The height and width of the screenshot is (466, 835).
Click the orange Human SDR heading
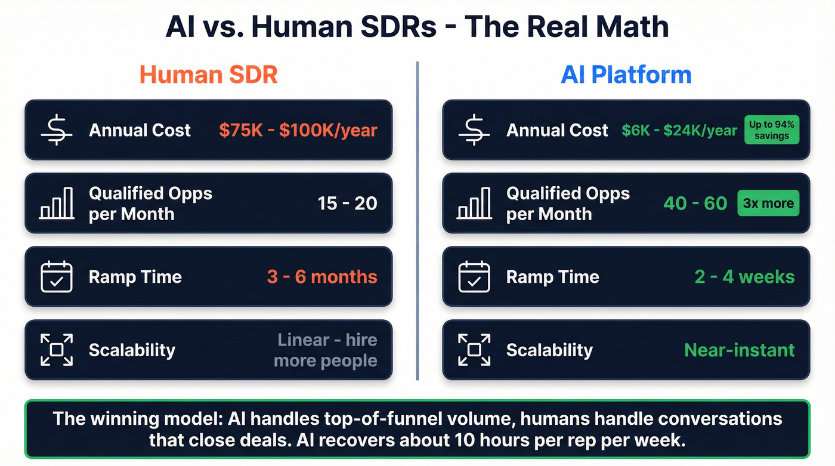pos(208,75)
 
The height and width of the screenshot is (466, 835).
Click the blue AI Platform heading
pos(626,75)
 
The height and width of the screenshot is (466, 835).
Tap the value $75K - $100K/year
pos(298,130)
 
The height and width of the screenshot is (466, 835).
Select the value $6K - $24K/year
pos(679,130)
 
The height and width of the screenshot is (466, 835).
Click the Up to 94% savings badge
pos(771,130)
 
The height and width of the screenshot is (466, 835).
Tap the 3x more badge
pos(768,203)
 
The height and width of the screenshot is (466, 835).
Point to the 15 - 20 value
pos(347,203)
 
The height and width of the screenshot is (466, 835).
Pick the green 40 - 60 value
pos(695,203)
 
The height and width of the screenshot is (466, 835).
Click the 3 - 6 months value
pos(322,277)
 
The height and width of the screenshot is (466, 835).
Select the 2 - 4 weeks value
pos(744,277)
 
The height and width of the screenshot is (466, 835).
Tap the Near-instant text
pos(739,350)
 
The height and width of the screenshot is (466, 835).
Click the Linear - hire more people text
pos(326,350)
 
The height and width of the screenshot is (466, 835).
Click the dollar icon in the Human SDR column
pos(57,130)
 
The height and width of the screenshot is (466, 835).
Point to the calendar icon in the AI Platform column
pos(474,277)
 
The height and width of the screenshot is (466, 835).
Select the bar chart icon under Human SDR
pos(57,203)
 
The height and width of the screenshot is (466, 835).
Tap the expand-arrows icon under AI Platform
pos(474,350)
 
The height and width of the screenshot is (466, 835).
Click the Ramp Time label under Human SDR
pos(135,277)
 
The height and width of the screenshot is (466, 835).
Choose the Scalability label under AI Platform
pos(549,350)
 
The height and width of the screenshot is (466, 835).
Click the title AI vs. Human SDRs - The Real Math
pos(417,27)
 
